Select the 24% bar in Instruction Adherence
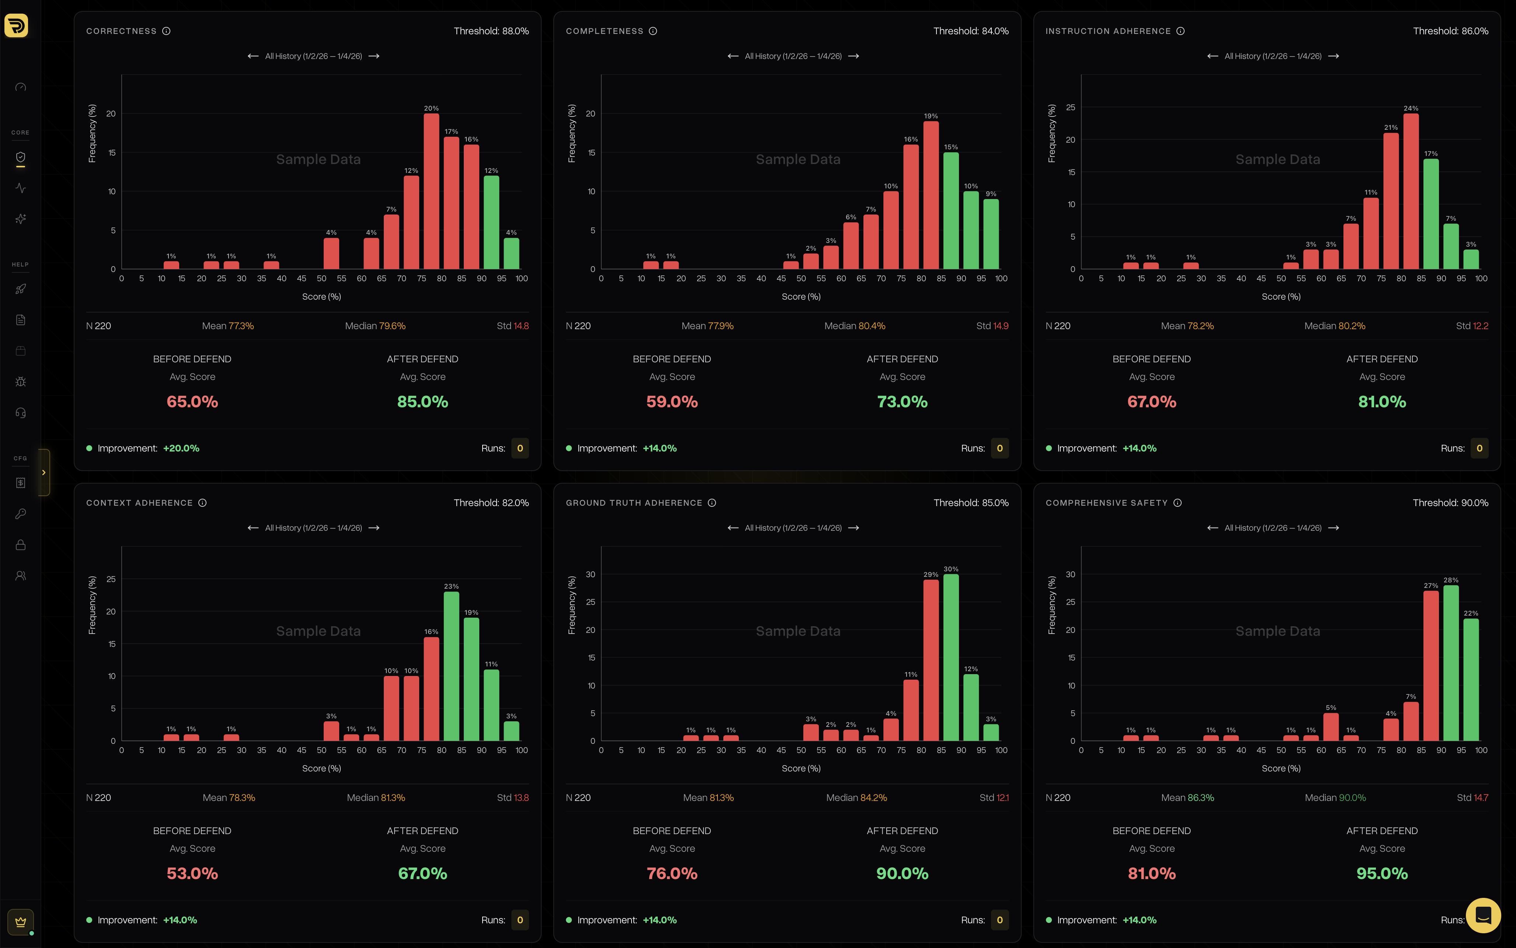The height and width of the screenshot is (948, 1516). click(1411, 191)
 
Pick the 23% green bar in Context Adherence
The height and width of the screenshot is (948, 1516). click(451, 666)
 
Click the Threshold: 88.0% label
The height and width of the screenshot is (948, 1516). click(491, 31)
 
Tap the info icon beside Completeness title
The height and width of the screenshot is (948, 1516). click(653, 31)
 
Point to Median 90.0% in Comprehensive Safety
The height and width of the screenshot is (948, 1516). click(1335, 798)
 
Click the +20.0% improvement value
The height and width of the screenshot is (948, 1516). click(181, 448)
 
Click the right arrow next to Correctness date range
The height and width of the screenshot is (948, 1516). click(374, 56)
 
